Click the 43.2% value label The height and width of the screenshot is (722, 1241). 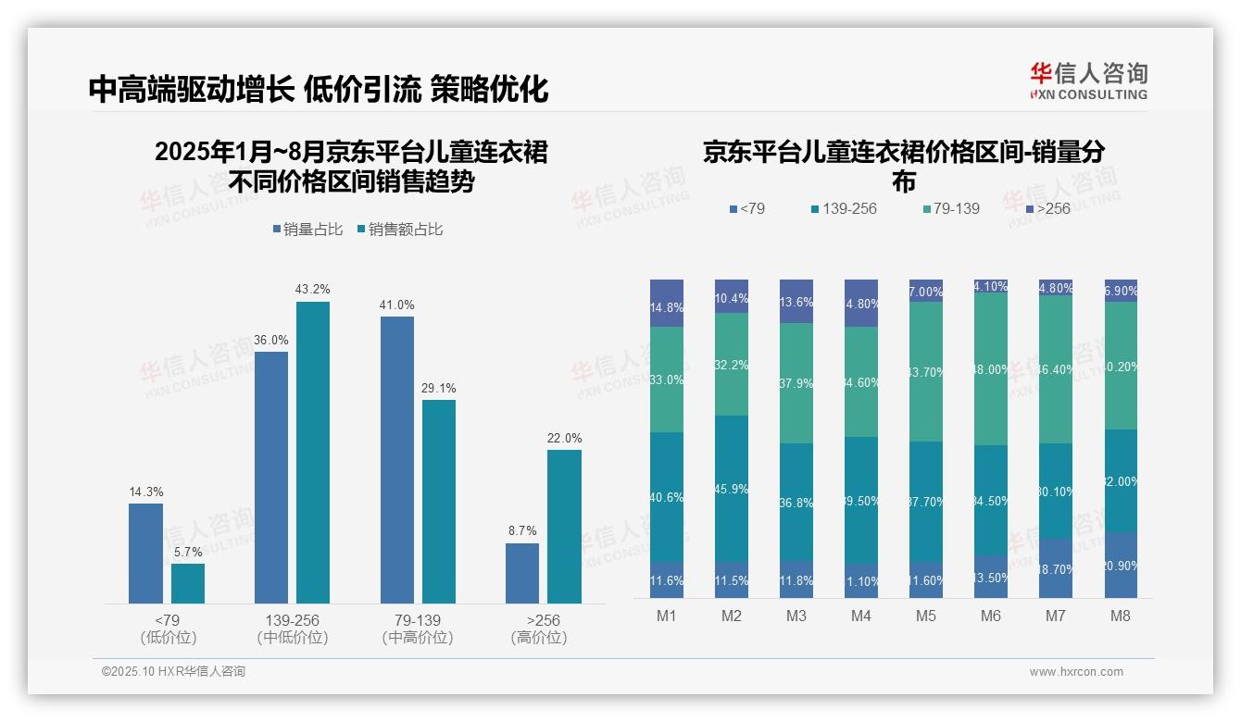[312, 290]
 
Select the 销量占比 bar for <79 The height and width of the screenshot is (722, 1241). [145, 553]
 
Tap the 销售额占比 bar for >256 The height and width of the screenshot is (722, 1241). [564, 526]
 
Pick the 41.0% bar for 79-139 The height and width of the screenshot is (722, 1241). [396, 459]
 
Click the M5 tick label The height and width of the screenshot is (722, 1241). [925, 616]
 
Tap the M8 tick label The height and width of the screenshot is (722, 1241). [1120, 616]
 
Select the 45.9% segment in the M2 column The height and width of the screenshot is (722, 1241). [731, 488]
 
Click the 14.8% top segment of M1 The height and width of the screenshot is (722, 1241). [666, 303]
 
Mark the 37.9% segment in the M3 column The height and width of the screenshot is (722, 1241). [796, 383]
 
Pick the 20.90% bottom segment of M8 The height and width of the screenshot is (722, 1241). [1120, 565]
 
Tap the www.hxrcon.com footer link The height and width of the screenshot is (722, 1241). [1076, 672]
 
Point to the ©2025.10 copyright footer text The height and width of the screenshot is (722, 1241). [173, 672]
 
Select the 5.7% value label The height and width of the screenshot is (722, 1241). [188, 552]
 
